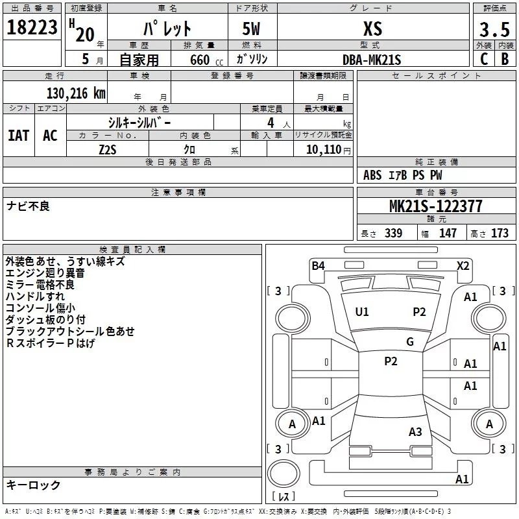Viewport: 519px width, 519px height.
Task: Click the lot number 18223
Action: coord(32,27)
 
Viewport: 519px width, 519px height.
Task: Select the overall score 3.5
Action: coord(494,29)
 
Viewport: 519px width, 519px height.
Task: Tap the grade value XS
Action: coord(372,29)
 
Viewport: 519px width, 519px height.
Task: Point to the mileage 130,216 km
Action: coord(76,93)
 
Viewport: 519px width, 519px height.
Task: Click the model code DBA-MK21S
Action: coord(372,60)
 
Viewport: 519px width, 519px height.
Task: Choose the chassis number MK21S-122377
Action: coord(435,206)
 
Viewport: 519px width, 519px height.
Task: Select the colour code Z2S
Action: coord(108,150)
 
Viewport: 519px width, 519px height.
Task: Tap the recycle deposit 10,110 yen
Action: coord(328,150)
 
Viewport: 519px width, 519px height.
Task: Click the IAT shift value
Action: coord(19,136)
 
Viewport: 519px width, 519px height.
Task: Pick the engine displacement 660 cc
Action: coord(206,60)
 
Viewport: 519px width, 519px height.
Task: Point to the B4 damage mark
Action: coord(318,265)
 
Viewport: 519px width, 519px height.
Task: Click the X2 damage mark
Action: coord(463,265)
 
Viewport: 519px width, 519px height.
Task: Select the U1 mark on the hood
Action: coord(362,311)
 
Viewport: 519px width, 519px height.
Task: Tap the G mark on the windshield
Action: coord(410,341)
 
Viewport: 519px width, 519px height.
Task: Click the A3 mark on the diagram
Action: coord(415,431)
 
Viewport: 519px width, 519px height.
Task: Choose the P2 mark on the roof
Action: coord(391,361)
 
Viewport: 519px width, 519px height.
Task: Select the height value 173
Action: coord(500,233)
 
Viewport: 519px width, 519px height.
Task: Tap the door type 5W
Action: coord(251,29)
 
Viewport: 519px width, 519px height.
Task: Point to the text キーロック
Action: coord(33,485)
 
